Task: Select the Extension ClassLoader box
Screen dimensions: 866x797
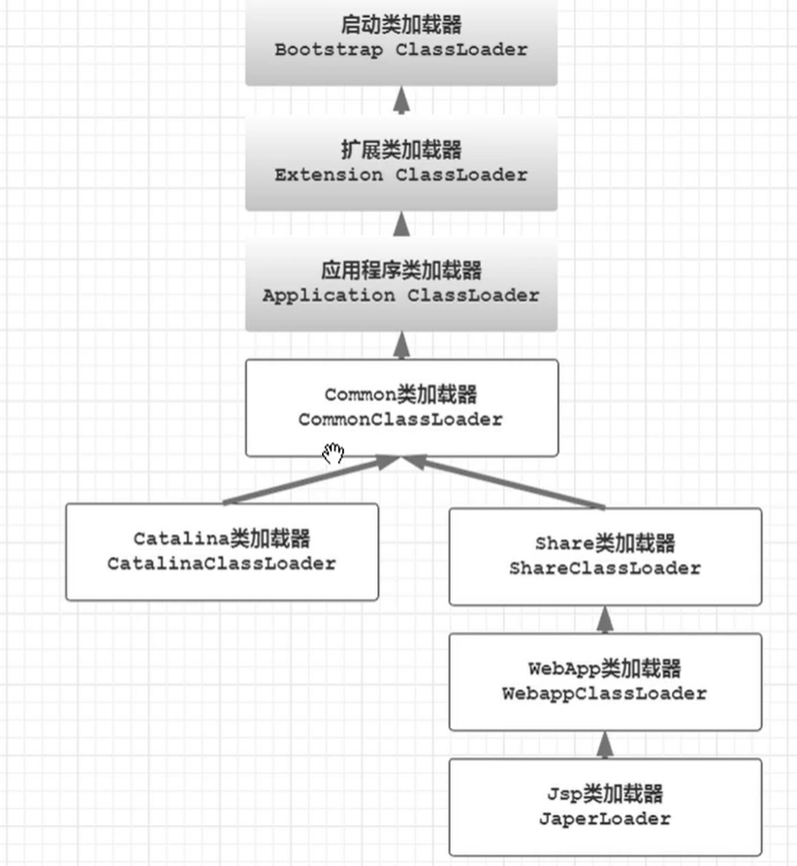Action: click(x=400, y=163)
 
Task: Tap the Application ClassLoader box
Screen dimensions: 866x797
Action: click(x=400, y=283)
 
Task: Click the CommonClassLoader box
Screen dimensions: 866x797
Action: click(x=400, y=407)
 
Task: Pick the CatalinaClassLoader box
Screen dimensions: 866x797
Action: click(x=221, y=551)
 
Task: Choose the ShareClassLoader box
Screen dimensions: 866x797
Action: click(x=604, y=556)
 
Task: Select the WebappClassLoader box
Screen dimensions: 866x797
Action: click(x=604, y=681)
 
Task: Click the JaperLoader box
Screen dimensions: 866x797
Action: click(x=604, y=806)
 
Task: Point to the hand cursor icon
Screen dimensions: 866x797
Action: click(x=334, y=453)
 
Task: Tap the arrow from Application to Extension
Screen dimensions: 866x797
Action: click(x=401, y=224)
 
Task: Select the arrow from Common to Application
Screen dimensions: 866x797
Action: click(x=401, y=345)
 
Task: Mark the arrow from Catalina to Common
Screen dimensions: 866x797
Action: click(x=310, y=480)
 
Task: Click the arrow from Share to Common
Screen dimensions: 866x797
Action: click(x=504, y=482)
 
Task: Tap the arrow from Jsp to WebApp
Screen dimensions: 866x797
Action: click(x=605, y=745)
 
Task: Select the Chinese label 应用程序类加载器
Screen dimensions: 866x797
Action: click(x=400, y=270)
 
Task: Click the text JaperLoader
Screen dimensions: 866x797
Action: click(x=604, y=818)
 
